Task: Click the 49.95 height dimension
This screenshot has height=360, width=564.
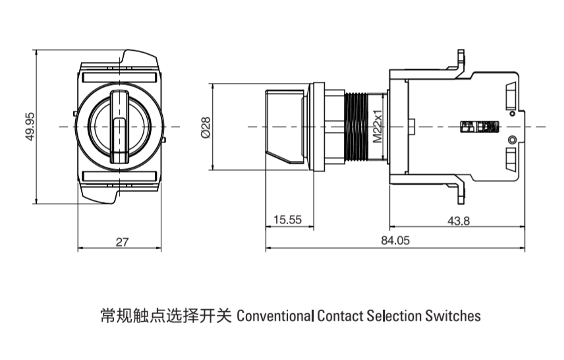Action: (30, 125)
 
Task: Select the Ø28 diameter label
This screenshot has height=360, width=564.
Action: (205, 126)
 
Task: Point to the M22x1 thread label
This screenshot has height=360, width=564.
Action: (378, 126)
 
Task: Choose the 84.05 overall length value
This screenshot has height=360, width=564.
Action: (395, 241)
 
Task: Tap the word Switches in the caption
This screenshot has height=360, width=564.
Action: (453, 315)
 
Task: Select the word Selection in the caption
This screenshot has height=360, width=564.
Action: (394, 315)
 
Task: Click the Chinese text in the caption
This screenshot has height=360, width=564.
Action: (165, 315)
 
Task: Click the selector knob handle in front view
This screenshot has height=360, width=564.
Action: (119, 126)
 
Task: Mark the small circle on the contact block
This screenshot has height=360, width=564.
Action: (512, 139)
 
